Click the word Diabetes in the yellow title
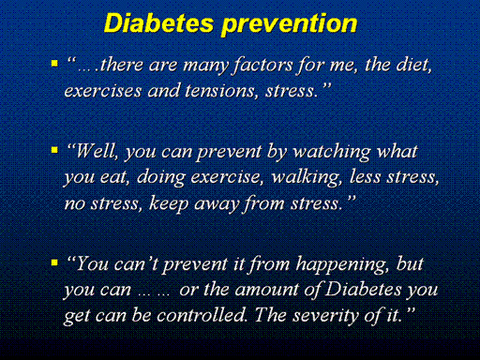click(159, 23)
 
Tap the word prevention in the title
click(289, 25)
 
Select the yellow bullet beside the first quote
click(54, 64)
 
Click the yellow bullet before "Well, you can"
click(54, 150)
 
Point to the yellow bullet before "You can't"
click(54, 262)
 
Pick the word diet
click(414, 65)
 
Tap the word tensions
click(221, 91)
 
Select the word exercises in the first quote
click(103, 91)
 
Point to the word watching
click(332, 153)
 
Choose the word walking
click(307, 178)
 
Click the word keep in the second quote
click(169, 204)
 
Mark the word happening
click(343, 265)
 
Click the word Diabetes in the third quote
click(364, 289)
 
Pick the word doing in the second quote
click(161, 178)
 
